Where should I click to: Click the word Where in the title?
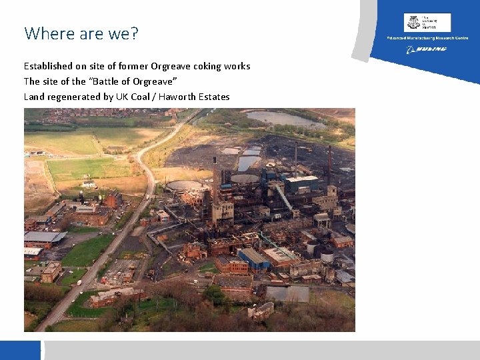pos(45,33)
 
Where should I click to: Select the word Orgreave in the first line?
pos(173,66)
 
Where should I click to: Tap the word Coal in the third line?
pos(143,97)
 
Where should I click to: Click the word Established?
pos(47,66)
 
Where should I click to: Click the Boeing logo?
pos(427,49)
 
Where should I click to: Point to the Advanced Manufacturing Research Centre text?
pos(427,38)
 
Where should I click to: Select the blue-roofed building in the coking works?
pos(255,257)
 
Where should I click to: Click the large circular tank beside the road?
pos(184,186)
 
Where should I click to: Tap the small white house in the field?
pos(89,184)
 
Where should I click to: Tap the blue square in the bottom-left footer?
pos(20,350)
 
